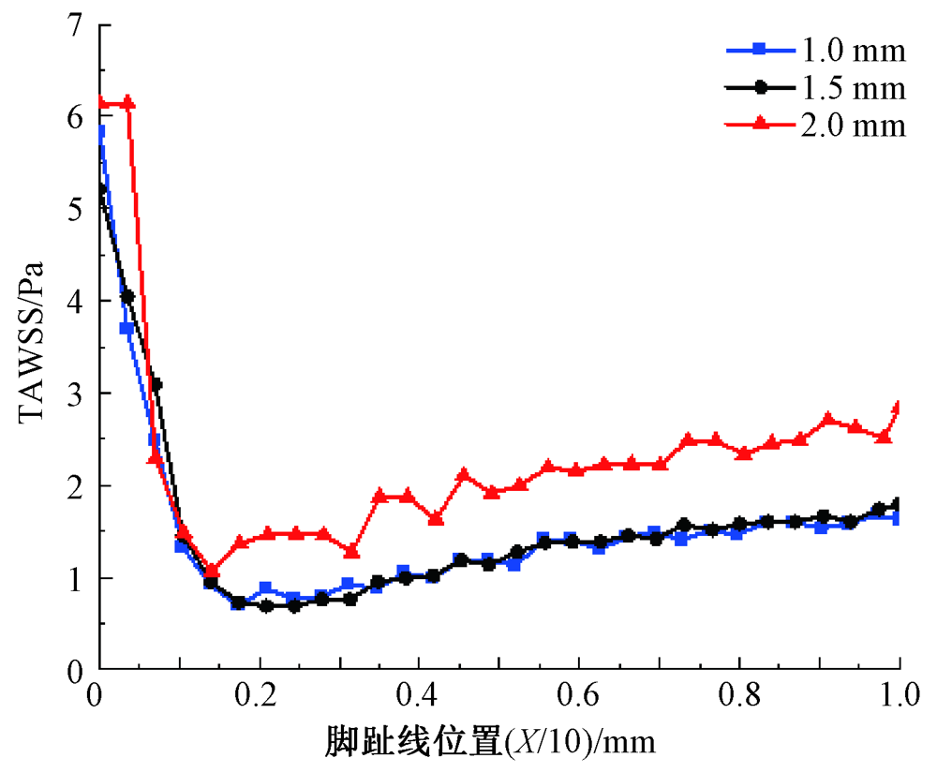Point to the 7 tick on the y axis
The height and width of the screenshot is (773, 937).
pos(72,25)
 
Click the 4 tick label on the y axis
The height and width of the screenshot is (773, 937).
pos(72,302)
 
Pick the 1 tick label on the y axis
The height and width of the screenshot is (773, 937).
pos(72,578)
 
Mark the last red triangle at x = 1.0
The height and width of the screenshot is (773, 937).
pos(898,407)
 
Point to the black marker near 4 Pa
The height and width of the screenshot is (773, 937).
pos(127,296)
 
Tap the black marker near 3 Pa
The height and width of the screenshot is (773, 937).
pos(156,384)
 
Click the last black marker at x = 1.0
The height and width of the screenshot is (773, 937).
pos(898,504)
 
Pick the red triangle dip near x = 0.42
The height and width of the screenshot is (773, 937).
pos(436,518)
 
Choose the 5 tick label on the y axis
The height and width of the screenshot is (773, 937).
pos(72,210)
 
